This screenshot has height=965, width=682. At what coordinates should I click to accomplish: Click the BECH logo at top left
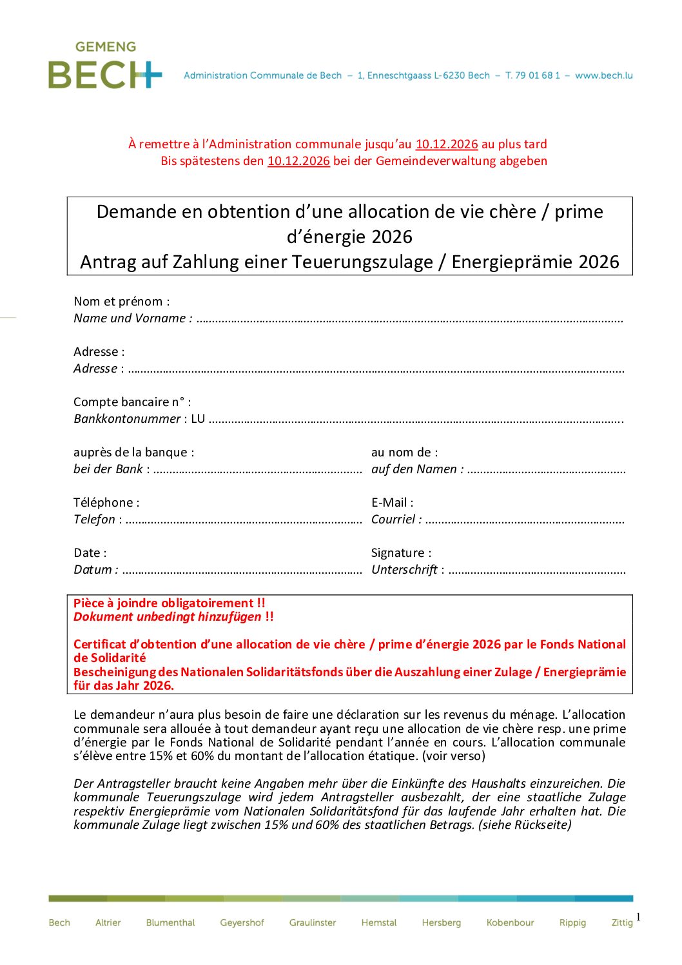tap(105, 66)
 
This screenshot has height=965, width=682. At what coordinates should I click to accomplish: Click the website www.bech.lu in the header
tap(603, 75)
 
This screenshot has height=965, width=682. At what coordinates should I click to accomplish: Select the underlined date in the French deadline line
tap(447, 144)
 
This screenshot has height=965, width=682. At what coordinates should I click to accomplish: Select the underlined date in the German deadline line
tap(298, 161)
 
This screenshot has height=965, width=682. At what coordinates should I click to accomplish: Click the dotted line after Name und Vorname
tap(409, 320)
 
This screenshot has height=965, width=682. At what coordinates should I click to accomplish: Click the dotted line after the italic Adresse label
tap(376, 370)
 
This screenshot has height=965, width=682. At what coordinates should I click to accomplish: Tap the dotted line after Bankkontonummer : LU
tap(416, 420)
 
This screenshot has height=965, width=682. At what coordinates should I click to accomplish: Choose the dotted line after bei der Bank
tap(258, 471)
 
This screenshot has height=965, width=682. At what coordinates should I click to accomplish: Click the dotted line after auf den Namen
tap(546, 471)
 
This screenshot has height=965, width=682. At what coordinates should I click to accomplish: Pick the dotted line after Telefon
tap(244, 521)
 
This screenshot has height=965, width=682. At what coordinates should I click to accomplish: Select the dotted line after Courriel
tap(525, 521)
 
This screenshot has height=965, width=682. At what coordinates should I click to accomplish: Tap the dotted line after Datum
tap(242, 571)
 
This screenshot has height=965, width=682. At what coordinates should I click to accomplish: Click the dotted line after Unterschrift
tap(537, 571)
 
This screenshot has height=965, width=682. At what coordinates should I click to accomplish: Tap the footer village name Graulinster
tap(313, 922)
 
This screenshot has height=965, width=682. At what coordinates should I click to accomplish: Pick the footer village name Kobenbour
tap(510, 922)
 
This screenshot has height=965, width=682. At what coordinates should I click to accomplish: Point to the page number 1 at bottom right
tap(638, 917)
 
